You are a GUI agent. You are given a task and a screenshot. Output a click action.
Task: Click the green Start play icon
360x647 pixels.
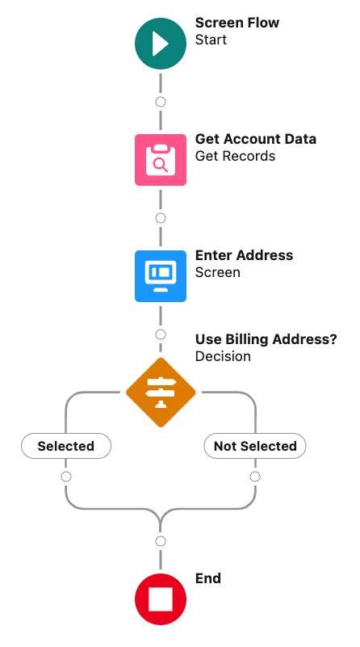click(161, 44)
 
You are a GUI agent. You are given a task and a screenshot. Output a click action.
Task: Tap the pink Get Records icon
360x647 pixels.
click(161, 160)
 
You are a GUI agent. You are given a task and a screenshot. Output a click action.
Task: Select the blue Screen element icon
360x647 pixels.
click(161, 275)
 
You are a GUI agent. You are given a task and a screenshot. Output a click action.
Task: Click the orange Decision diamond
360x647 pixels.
click(161, 393)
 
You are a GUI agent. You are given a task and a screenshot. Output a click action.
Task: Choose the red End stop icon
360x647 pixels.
click(161, 600)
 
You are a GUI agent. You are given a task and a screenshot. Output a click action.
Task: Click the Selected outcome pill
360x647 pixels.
click(66, 446)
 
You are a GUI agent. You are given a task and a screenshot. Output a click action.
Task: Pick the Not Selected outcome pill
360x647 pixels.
click(255, 446)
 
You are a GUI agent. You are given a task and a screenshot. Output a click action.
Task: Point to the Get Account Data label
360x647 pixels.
click(256, 139)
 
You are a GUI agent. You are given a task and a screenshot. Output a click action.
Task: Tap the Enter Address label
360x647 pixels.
click(244, 255)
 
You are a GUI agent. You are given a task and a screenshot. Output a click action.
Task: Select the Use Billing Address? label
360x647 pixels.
click(266, 339)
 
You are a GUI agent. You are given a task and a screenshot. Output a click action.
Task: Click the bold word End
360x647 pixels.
click(208, 578)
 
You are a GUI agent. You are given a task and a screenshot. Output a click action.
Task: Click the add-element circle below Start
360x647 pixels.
click(161, 102)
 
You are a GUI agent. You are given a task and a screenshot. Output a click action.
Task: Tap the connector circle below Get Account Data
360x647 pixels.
click(161, 218)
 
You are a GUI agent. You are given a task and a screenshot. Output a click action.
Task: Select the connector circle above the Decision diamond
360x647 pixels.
click(161, 334)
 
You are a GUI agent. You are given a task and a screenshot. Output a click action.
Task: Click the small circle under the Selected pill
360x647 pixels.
click(66, 477)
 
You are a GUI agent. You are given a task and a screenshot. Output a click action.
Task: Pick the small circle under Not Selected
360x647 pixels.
click(255, 477)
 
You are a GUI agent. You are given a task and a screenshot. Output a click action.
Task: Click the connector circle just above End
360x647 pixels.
click(161, 541)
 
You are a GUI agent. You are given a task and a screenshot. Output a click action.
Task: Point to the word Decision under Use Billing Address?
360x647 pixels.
click(223, 356)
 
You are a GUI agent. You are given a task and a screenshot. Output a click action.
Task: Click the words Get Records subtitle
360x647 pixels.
click(235, 156)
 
